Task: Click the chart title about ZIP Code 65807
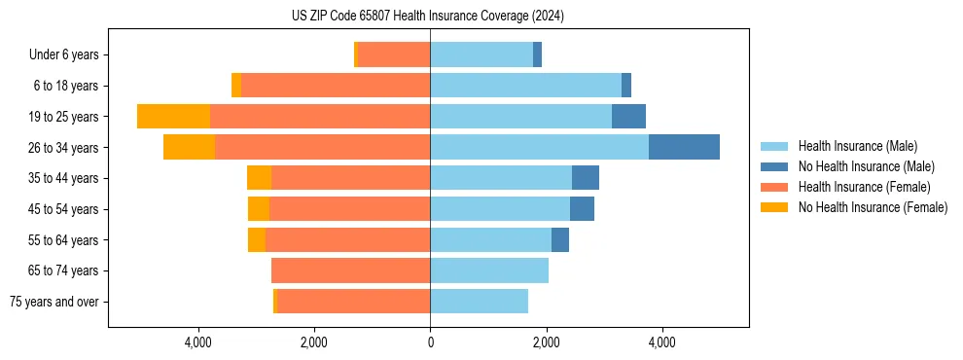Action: pos(428,16)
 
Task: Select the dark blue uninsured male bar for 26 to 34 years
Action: pos(684,147)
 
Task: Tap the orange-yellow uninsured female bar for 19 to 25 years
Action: pos(173,116)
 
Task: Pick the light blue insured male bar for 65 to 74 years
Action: pos(489,270)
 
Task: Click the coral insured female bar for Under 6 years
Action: pos(394,54)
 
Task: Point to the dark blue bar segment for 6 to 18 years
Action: pos(626,86)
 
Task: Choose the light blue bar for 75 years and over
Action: pos(479,302)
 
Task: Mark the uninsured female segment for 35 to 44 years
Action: pos(259,178)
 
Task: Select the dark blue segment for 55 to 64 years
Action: pos(560,239)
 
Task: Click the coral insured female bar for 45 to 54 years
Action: pos(349,208)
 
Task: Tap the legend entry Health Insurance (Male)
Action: pos(857,146)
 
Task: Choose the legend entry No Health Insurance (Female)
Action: pos(873,207)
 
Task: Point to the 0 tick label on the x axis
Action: pos(430,342)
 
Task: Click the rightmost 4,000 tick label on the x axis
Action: pos(661,342)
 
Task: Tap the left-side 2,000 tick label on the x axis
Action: pos(314,342)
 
